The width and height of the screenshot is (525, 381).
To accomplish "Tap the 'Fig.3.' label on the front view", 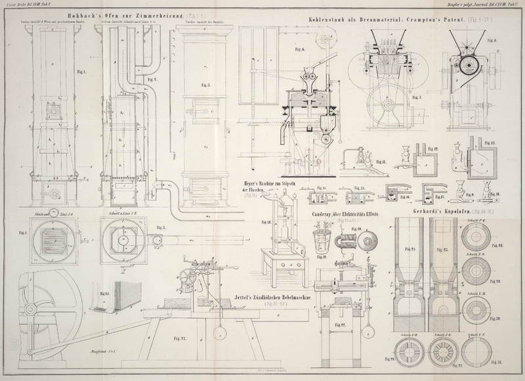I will pos(205,85).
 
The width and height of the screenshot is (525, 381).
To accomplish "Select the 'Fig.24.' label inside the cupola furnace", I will pos(410,250).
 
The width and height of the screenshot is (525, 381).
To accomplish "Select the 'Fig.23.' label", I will pos(103,294).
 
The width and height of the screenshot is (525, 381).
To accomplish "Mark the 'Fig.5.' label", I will pos(160,228).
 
